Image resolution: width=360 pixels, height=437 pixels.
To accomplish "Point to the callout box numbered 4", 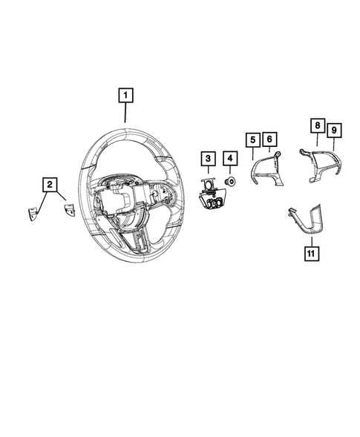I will (230, 159).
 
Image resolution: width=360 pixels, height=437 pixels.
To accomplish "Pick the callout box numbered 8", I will (317, 127).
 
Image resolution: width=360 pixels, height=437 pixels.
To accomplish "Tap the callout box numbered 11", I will (310, 253).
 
